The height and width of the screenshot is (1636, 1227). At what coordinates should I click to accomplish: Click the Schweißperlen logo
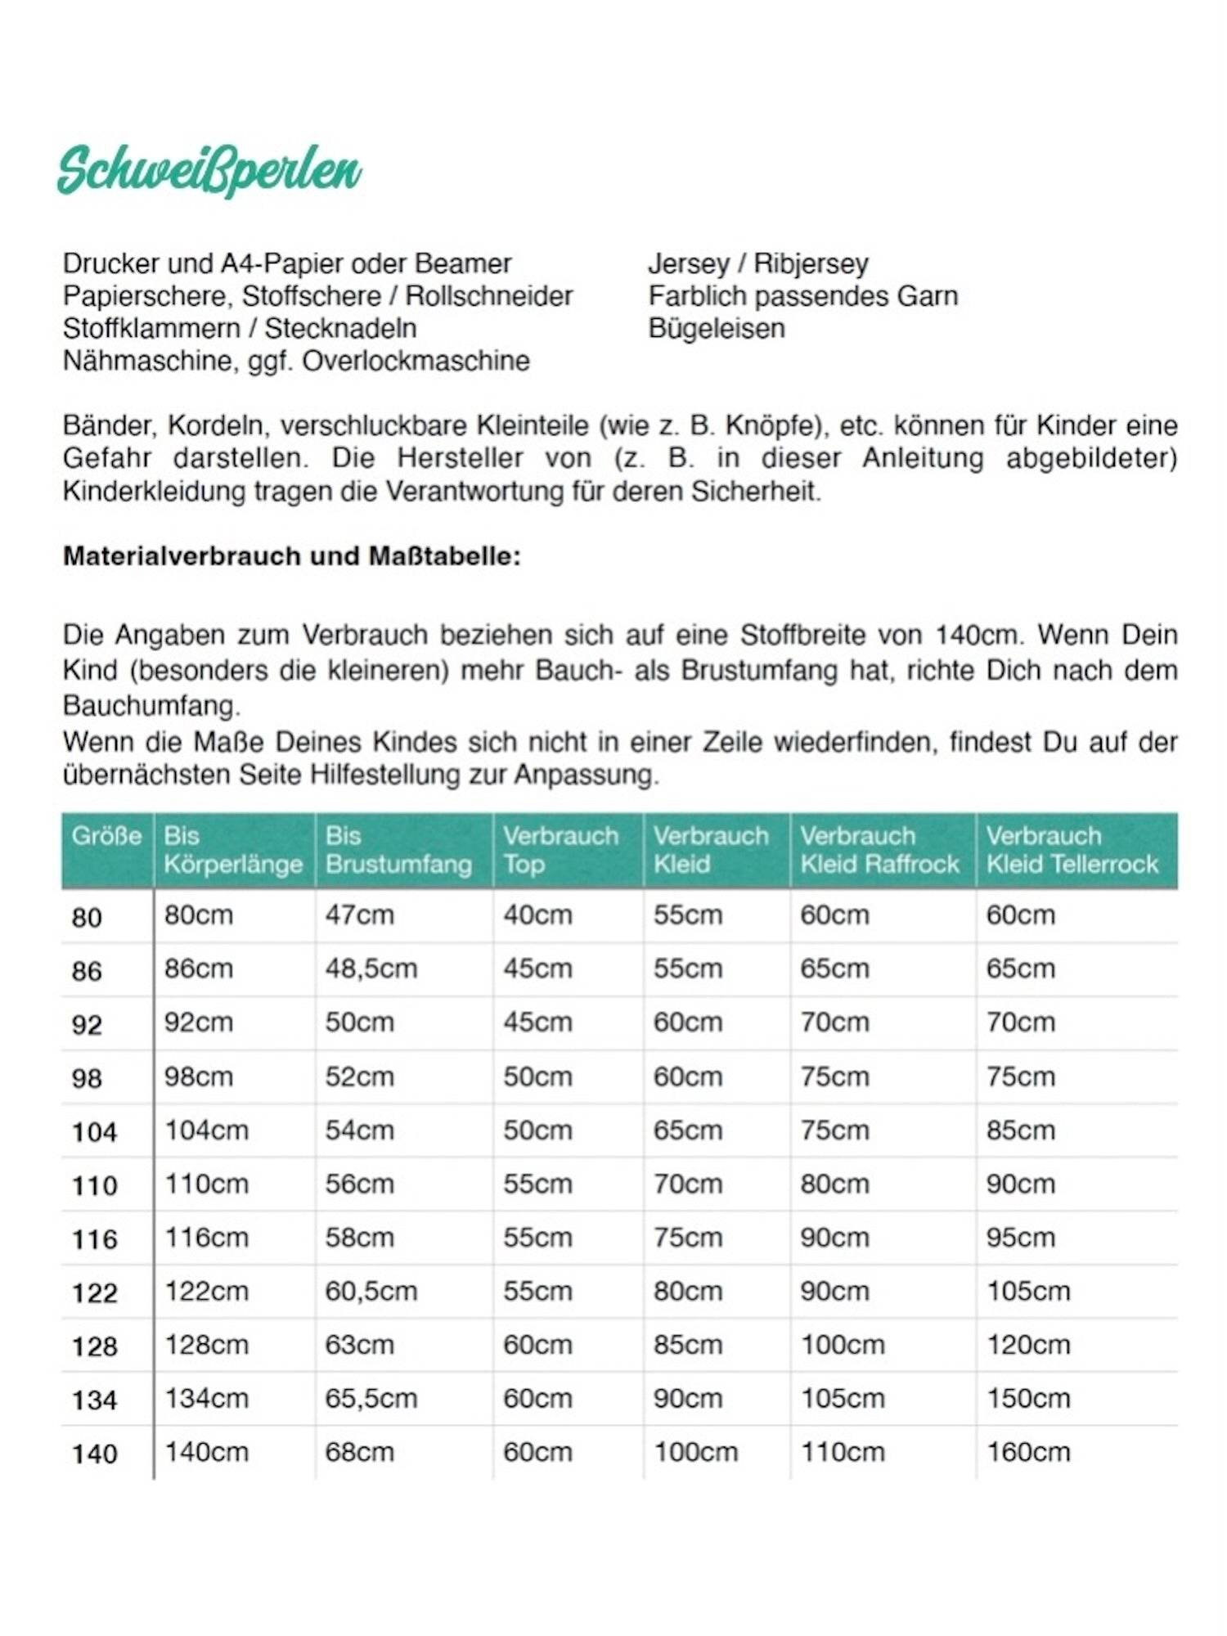pos(209,170)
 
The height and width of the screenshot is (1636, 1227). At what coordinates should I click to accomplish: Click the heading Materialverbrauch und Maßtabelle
pos(291,556)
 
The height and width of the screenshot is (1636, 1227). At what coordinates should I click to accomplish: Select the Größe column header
pos(106,836)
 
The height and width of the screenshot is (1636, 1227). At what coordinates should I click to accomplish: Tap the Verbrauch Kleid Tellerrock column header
pos(1072,850)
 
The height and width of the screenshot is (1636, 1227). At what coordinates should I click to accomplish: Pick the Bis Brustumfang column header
pos(398,850)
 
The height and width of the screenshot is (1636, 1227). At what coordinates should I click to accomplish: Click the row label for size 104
pos(94,1132)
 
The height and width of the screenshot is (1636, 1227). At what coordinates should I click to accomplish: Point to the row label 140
pos(94,1454)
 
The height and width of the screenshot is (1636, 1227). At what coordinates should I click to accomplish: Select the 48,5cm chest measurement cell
pos(371,969)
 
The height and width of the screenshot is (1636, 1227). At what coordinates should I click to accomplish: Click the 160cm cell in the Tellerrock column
pos(1027,1452)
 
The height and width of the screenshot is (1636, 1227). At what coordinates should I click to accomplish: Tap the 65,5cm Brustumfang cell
pos(371,1398)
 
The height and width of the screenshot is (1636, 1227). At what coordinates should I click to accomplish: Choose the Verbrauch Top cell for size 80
pos(537,915)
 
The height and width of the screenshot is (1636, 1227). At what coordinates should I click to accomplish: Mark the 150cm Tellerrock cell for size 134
pos(1027,1398)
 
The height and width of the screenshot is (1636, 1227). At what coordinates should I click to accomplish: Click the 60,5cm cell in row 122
pos(371,1291)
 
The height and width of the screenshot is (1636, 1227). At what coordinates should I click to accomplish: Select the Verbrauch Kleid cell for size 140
pos(695,1452)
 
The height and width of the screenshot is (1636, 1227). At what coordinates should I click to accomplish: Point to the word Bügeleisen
pos(716,328)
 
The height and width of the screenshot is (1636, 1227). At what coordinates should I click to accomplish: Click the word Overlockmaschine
pos(416,361)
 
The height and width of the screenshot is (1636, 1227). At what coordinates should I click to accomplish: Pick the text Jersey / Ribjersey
pos(757,263)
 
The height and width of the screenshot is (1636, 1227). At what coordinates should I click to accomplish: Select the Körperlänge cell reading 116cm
pos(206,1238)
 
